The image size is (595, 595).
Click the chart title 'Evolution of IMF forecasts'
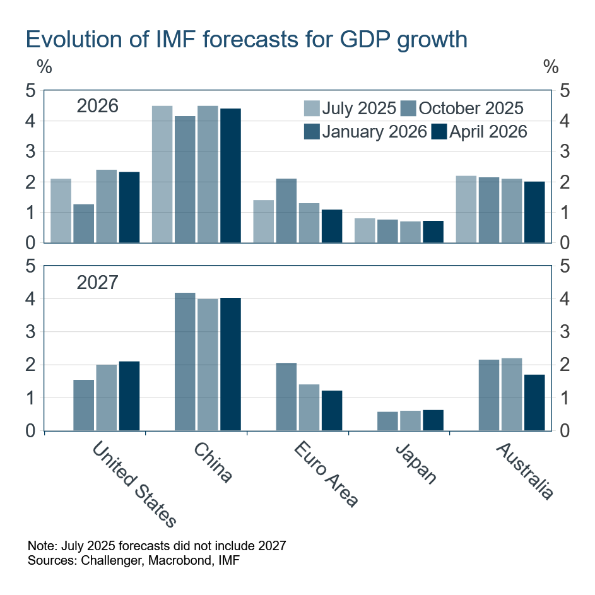coord(246,40)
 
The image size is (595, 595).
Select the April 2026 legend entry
coord(479,131)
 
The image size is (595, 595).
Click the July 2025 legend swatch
coord(312,108)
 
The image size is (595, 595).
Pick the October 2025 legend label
coord(471,108)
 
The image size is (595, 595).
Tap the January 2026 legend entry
coord(365,131)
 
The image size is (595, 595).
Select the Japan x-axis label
coord(416,464)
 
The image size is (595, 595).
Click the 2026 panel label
coord(97,106)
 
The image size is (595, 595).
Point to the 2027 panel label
coord(97,282)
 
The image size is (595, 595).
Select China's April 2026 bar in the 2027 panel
coord(230,364)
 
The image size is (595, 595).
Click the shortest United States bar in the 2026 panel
coord(84,223)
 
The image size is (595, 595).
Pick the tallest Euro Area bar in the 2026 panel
coord(286,211)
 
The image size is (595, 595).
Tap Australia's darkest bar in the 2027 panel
coord(534,403)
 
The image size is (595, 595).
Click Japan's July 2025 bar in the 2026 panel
coord(365,230)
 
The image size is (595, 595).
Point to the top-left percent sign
coord(44,67)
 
